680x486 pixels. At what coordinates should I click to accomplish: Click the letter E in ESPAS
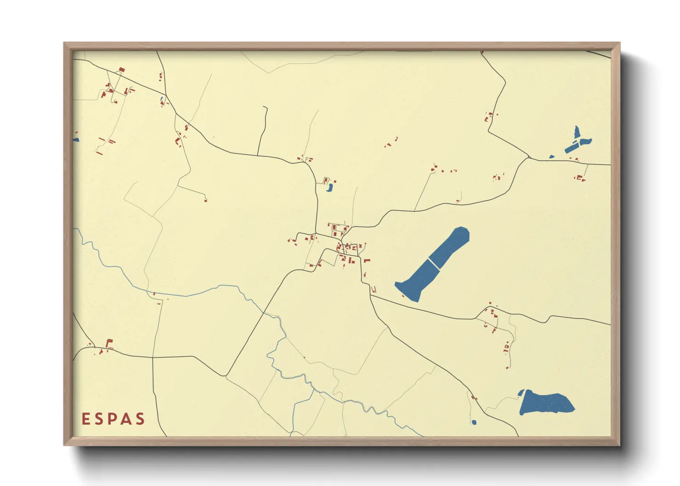pos(85,419)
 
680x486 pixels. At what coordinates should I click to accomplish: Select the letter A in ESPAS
pos(126,419)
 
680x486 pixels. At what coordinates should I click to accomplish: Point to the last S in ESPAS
pos(140,419)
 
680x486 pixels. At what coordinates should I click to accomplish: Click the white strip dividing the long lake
pos(433,264)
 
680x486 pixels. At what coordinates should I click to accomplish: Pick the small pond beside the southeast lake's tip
pos(521,393)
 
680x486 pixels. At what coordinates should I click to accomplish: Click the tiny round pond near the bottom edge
pos(474,422)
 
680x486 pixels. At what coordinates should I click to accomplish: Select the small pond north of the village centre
pos(329,187)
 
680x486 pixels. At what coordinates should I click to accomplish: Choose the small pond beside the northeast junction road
pos(551,158)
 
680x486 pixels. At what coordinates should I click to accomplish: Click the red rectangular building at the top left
pos(122,70)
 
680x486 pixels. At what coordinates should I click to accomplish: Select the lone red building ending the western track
pos(205,200)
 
